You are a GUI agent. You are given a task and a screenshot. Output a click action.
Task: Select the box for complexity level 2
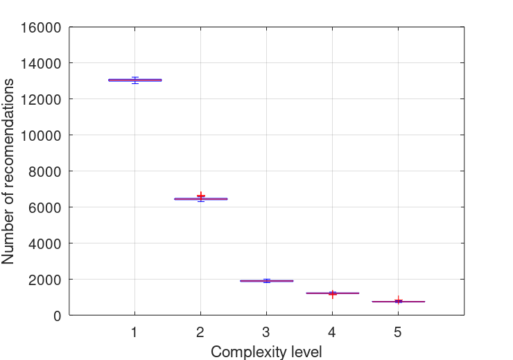(200, 198)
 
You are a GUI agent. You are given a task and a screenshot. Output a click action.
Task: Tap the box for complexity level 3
(266, 281)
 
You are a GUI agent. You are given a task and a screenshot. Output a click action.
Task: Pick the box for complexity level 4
(332, 293)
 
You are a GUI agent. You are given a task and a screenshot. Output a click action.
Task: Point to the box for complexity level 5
(398, 302)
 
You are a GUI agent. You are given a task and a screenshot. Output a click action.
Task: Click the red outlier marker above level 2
(201, 196)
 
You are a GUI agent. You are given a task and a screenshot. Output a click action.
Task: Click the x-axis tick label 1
(134, 332)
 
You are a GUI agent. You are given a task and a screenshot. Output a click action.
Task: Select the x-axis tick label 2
(200, 332)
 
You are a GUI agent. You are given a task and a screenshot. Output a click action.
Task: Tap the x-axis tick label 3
(266, 332)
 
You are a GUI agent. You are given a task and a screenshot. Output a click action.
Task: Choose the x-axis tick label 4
(332, 332)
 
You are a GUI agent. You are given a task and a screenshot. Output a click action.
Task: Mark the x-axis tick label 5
(398, 332)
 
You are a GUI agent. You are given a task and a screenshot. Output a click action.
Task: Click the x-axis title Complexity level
(266, 352)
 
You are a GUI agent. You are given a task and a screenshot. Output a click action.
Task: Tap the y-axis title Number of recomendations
(9, 171)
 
